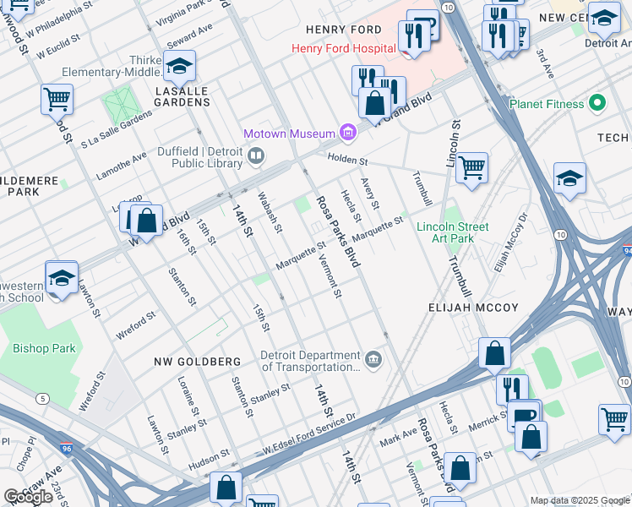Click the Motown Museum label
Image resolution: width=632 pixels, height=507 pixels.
[x=289, y=134]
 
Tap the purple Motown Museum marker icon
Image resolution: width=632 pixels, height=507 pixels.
[x=346, y=133]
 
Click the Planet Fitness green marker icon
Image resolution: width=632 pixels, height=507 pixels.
[x=597, y=104]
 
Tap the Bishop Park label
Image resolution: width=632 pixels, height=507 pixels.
[x=43, y=348]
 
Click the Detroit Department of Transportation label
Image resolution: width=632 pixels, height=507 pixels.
[x=310, y=361]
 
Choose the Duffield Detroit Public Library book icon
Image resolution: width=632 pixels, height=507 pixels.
[x=256, y=155]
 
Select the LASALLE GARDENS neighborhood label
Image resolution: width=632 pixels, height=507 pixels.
[x=181, y=102]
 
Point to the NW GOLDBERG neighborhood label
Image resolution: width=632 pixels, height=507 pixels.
[x=197, y=362]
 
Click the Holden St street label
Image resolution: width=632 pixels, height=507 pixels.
[x=348, y=161]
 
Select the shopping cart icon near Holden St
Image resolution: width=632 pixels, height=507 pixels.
[x=471, y=167]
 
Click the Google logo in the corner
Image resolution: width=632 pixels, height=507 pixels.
[x=28, y=497]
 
